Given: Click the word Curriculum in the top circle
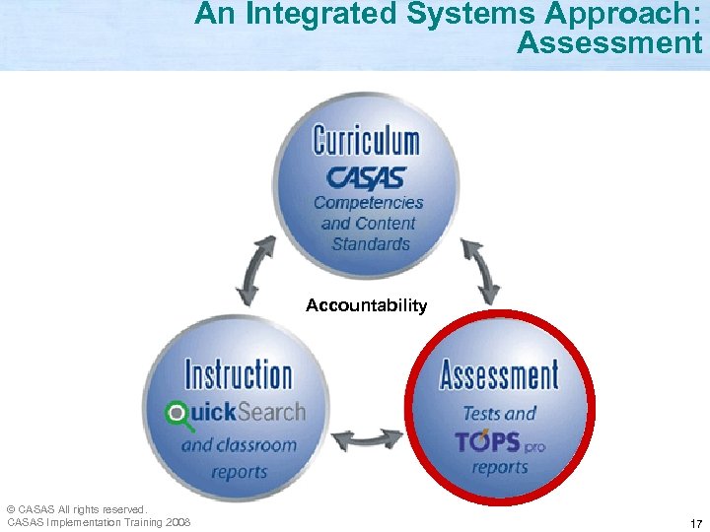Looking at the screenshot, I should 366,141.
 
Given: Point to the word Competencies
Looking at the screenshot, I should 368,203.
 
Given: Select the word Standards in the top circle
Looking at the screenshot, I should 371,244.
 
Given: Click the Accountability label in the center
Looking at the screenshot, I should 366,305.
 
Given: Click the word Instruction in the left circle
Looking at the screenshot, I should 239,375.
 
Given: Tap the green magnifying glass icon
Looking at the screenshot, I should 178,414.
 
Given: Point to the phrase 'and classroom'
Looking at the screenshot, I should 239,445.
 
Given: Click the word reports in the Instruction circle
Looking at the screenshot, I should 239,471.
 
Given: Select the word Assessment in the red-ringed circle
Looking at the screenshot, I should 499,375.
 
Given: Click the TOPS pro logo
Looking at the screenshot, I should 500,441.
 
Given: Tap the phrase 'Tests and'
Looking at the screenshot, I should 500,413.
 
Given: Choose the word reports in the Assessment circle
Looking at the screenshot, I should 500,468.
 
